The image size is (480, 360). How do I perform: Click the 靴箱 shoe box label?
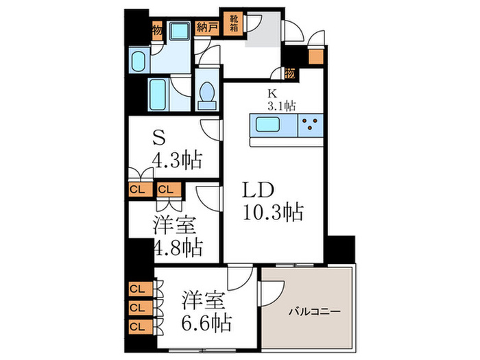click(233, 23)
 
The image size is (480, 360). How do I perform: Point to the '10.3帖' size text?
click(272, 212)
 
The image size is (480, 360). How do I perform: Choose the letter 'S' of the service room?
click(160, 138)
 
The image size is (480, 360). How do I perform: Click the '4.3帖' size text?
click(177, 161)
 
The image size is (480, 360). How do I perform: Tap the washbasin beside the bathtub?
click(136, 62)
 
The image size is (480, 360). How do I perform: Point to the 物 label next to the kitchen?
click(290, 73)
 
